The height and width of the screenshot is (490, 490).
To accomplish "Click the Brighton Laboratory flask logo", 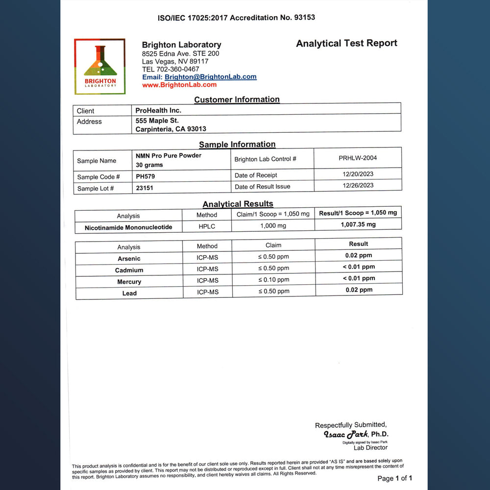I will coord(100,66).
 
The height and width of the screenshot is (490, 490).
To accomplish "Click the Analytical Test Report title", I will coord(346,43).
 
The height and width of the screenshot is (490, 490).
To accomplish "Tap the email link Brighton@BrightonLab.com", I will coord(210,77).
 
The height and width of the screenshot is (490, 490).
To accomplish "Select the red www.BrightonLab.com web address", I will coord(179,85).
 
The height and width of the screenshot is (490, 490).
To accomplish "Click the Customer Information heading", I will coord(237,99).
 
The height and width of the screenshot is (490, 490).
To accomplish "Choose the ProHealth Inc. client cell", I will coord(158,110).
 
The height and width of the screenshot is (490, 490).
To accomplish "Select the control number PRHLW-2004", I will coord(358,158).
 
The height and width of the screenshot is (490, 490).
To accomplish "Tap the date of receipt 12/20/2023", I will coord(358,174).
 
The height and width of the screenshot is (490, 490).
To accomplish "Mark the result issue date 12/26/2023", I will coord(358,185).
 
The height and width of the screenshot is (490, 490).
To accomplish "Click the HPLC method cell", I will coord(207,226).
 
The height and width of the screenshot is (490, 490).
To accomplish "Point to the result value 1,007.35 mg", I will coord(358,224).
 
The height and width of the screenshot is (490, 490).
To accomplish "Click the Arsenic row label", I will coord(129,259).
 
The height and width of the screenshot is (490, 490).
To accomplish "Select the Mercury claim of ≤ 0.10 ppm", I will coord(273,280).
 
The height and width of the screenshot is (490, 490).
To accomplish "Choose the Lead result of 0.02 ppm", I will coord(359,290).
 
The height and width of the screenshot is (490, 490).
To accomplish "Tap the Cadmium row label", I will coord(129,270).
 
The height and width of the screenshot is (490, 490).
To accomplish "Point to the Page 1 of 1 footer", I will coord(394,478).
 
